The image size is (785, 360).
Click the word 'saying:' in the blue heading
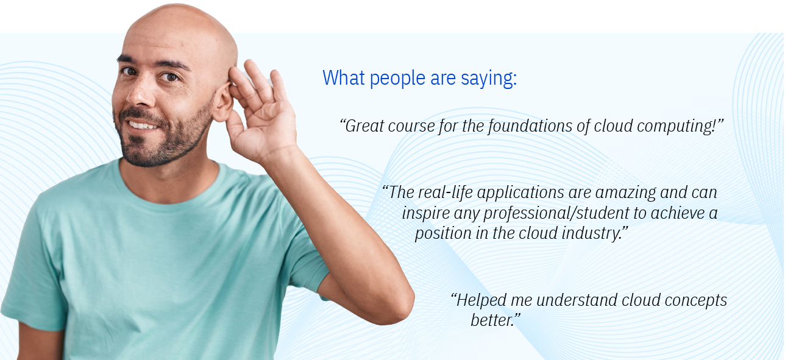(x=489, y=79)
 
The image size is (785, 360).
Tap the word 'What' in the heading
(x=344, y=77)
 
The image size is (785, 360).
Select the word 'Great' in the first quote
(x=364, y=125)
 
